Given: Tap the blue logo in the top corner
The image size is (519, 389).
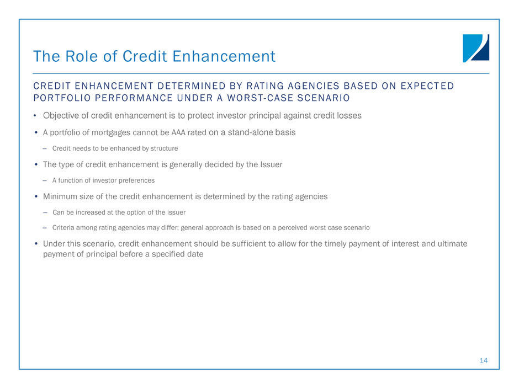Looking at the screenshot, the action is click(x=476, y=48).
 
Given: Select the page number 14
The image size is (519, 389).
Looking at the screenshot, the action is click(x=484, y=360).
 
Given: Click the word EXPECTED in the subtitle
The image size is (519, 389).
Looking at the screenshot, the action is click(x=427, y=86).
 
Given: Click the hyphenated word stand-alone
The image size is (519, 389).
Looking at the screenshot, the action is click(x=252, y=132).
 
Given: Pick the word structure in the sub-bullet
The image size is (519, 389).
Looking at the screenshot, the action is click(x=164, y=148).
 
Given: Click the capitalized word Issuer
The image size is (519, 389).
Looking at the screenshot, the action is click(x=271, y=165).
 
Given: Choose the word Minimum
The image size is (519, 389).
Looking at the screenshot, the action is click(x=60, y=196).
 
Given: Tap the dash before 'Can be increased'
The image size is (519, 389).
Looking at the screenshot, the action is click(x=45, y=212).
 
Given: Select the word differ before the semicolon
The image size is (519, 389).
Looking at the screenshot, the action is click(x=170, y=227).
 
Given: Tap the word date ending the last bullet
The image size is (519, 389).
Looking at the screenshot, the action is click(x=196, y=254).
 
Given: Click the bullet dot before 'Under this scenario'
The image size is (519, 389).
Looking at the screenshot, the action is click(x=36, y=244).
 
